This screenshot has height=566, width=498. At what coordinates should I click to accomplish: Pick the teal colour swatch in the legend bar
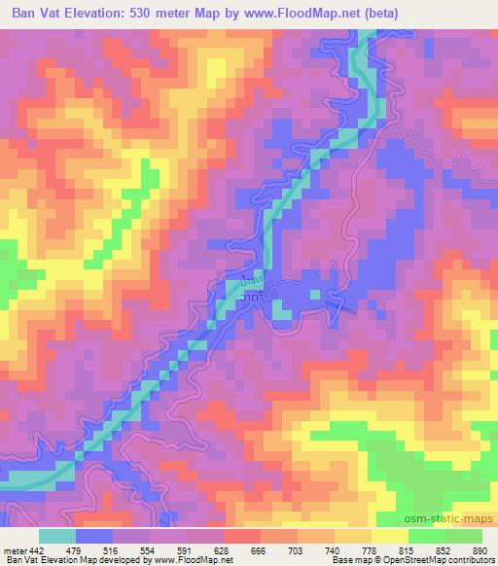pos(57,535)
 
